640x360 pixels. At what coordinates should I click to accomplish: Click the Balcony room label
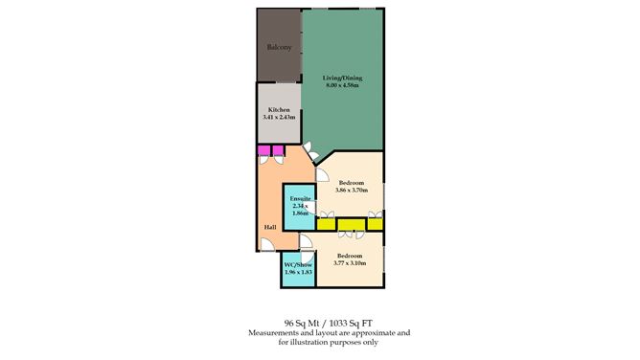click(x=278, y=45)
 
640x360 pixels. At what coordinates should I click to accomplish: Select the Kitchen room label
click(x=279, y=110)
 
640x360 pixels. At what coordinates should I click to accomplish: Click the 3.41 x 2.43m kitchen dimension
click(x=279, y=118)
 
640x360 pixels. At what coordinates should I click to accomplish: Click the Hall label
click(x=271, y=228)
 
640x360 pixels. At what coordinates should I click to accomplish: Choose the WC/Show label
click(x=298, y=264)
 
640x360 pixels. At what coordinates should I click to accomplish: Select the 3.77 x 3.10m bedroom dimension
click(x=349, y=262)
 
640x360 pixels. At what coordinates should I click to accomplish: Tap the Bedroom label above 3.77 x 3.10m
click(x=349, y=255)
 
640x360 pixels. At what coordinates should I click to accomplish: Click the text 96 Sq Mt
click(x=302, y=324)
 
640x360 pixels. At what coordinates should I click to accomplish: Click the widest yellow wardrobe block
click(x=351, y=224)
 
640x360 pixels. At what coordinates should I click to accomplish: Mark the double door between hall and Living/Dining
click(x=312, y=150)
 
